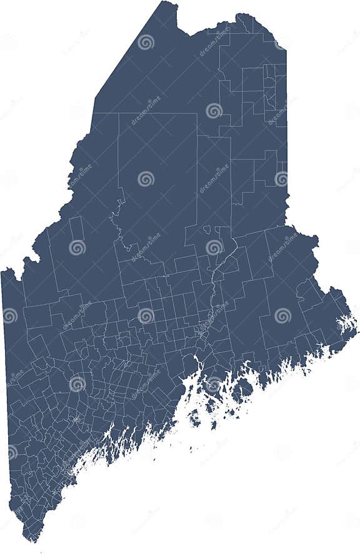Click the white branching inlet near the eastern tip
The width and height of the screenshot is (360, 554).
(x=346, y=324)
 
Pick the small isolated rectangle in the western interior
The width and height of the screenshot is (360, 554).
(x=76, y=228)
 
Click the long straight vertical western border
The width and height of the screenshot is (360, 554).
(x=6, y=375)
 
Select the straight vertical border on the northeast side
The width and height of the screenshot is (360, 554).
(x=286, y=125)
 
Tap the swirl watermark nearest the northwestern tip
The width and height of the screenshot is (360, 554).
(x=146, y=42)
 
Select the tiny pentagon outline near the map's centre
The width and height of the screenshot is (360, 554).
(x=207, y=229)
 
